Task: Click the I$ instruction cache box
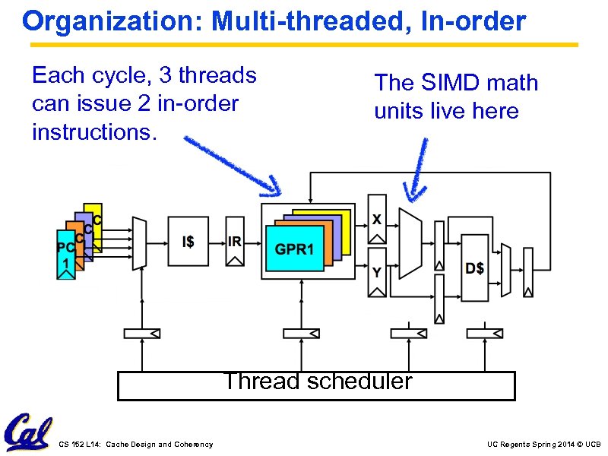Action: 188,242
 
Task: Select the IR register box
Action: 235,242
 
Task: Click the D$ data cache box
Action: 475,268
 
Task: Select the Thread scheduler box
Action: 316,385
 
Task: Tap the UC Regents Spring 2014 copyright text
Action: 543,444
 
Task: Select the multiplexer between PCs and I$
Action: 138,242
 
